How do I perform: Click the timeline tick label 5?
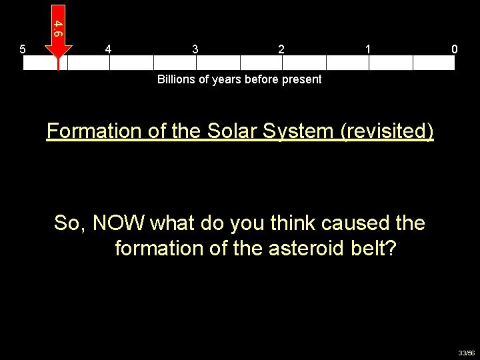point(23,49)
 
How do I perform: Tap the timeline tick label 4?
point(109,49)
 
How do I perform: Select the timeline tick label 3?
point(195,49)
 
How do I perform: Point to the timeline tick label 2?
point(281,49)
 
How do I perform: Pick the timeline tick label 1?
point(368,49)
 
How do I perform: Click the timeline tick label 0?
point(454,49)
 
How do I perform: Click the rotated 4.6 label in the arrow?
point(58,28)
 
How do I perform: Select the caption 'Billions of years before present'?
point(239,79)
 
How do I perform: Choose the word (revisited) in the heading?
point(387,131)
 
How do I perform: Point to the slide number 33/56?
point(466,353)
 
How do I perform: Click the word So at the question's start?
point(69,223)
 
